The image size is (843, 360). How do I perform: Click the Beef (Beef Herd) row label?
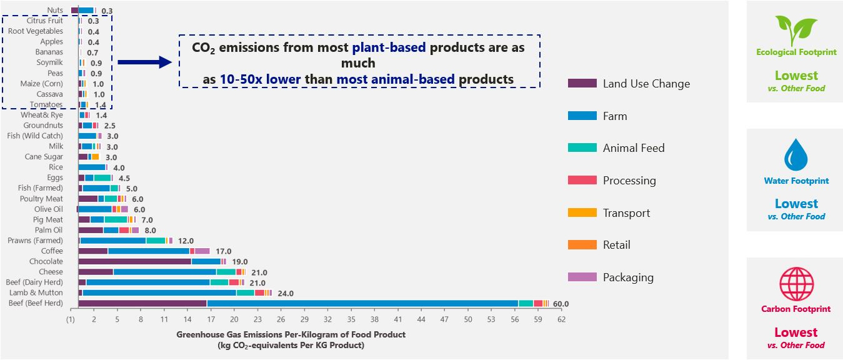[x=36, y=303]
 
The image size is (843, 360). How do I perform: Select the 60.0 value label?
[x=561, y=304]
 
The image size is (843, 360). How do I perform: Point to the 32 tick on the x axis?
[x=327, y=319]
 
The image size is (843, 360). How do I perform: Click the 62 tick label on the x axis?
[x=561, y=319]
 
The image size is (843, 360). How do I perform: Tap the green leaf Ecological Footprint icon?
[x=796, y=29]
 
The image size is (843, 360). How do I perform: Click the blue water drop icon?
[x=796, y=155]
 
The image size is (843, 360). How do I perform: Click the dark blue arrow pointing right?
[x=144, y=61]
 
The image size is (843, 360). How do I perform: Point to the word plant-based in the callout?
[x=389, y=47]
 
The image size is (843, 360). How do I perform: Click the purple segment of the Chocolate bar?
[x=134, y=261]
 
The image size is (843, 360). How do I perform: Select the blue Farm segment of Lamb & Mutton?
[x=159, y=292]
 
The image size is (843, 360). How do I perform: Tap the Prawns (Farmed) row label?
[x=35, y=240]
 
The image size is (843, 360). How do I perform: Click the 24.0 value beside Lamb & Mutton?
[x=285, y=293]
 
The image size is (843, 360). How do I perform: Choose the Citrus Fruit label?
[x=44, y=21]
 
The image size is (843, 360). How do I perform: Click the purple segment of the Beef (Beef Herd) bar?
[x=142, y=303]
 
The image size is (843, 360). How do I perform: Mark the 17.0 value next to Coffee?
[x=224, y=251]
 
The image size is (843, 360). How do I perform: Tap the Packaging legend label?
[x=628, y=277]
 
